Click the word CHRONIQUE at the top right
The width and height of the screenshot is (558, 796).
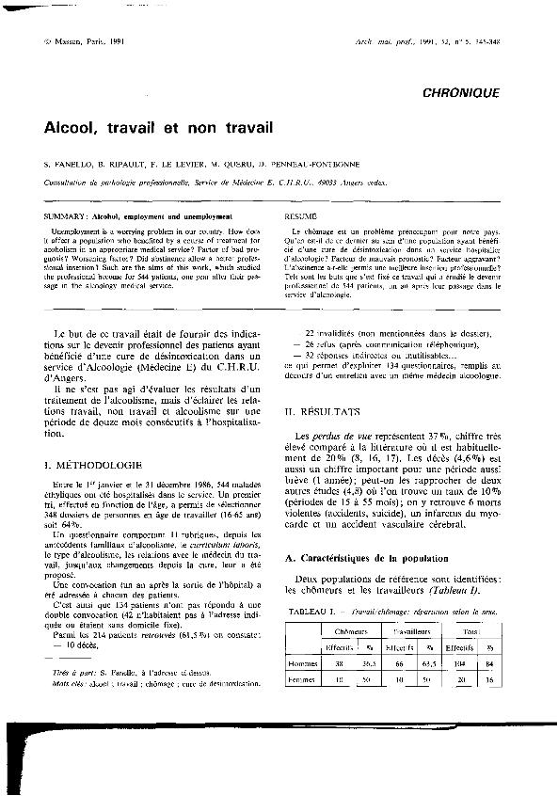(x=461, y=92)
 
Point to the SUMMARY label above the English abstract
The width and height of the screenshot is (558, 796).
(x=62, y=216)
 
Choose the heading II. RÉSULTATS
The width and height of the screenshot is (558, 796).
(x=322, y=412)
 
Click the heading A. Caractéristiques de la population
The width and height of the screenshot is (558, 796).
(x=366, y=559)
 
